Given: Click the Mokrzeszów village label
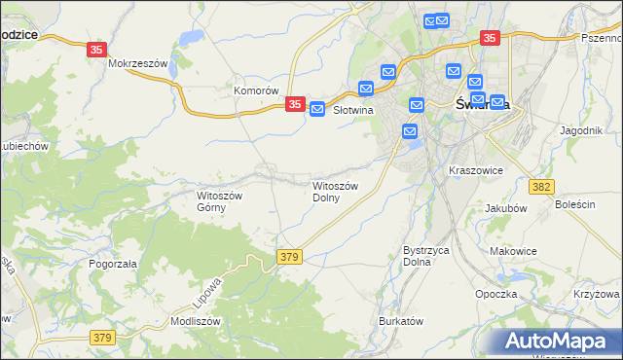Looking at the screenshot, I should [x=139, y=63].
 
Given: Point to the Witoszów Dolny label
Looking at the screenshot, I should [x=336, y=191].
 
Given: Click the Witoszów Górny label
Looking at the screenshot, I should [x=219, y=200].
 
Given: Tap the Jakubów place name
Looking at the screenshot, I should [x=505, y=207].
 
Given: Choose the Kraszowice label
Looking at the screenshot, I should [x=475, y=170].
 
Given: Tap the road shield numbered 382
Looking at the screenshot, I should [x=543, y=186].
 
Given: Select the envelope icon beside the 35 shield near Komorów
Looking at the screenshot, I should [x=317, y=111].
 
